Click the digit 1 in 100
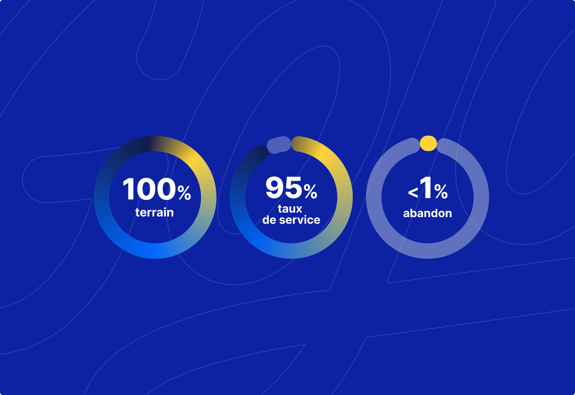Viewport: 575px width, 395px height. click(129, 189)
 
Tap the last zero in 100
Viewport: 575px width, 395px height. click(166, 189)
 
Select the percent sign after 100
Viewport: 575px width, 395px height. click(184, 193)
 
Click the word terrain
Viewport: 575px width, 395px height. click(154, 213)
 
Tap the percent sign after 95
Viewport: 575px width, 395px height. click(310, 191)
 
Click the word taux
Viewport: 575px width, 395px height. click(290, 209)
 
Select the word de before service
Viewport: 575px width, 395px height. click(269, 220)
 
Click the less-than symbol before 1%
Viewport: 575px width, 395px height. click(413, 193)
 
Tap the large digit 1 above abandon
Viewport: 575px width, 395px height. click(425, 187)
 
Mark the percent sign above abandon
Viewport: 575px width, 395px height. click(441, 192)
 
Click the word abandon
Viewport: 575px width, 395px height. click(428, 214)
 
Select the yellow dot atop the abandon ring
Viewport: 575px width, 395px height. click(428, 143)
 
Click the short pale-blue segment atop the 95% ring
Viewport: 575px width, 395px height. click(279, 145)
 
